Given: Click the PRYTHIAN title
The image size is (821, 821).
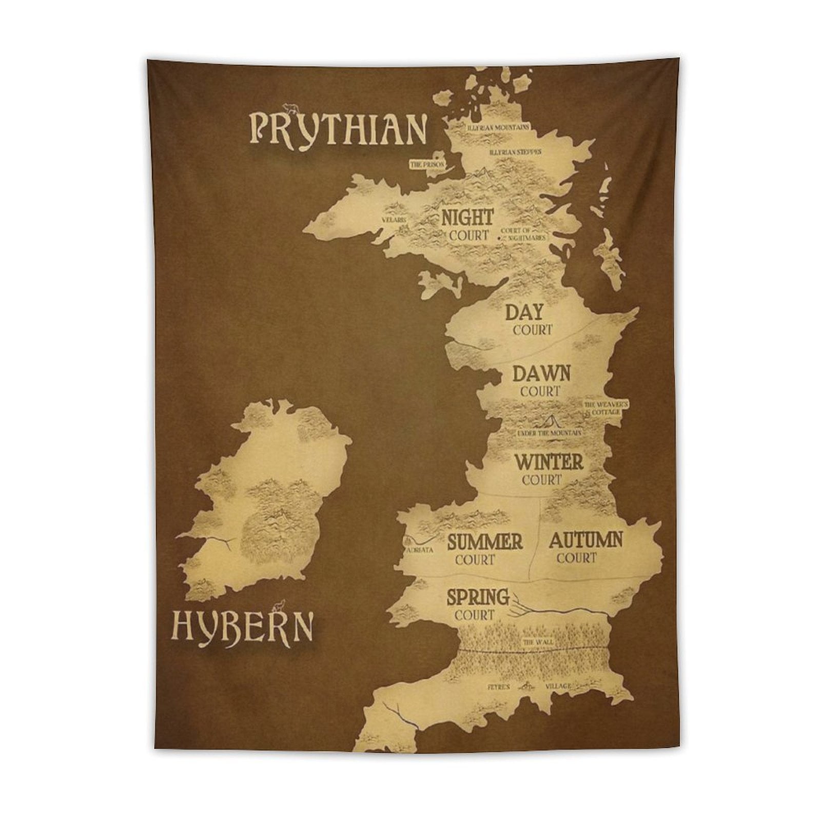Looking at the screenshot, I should pyautogui.click(x=338, y=129).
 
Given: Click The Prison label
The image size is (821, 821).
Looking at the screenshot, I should pyautogui.click(x=427, y=165).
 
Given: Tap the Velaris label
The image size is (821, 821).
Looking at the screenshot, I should pyautogui.click(x=394, y=220).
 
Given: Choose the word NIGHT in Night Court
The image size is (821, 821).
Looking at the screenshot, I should pyautogui.click(x=467, y=218).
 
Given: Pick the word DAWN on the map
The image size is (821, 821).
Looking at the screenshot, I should pyautogui.click(x=541, y=373).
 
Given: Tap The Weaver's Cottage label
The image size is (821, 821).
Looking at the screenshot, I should pyautogui.click(x=605, y=408).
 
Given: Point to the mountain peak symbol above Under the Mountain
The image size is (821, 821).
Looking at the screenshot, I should pyautogui.click(x=551, y=421).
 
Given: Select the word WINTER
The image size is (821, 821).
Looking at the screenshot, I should pyautogui.click(x=549, y=462).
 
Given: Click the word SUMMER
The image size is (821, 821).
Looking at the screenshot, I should pyautogui.click(x=485, y=542).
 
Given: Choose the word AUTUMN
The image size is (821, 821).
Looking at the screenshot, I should pyautogui.click(x=585, y=540).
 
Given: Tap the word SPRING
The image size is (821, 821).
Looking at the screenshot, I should pyautogui.click(x=478, y=597).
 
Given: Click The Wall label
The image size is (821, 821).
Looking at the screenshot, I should pyautogui.click(x=534, y=642).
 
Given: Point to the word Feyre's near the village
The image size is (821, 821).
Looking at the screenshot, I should pyautogui.click(x=499, y=687).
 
